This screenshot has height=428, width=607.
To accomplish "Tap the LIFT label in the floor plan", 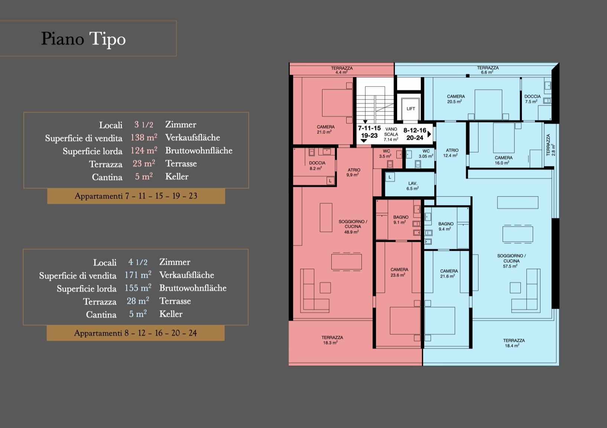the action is click(411, 109).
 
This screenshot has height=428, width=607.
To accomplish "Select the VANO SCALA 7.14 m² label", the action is click(391, 134).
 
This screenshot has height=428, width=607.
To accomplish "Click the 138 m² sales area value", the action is click(144, 137).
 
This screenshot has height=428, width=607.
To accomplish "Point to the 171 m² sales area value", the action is click(138, 275).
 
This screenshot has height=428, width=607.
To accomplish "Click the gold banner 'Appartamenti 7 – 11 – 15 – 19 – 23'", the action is click(136, 196).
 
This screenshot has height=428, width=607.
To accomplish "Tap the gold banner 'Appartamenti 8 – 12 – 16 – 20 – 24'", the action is click(136, 333).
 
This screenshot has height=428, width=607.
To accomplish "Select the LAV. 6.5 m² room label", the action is click(413, 186).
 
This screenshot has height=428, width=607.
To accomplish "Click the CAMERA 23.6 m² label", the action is click(399, 272).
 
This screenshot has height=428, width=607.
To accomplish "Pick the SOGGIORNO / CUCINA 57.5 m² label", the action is click(511, 261).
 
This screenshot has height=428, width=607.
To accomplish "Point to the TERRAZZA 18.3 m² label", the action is click(332, 340).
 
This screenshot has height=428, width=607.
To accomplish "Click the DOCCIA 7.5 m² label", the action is click(532, 99).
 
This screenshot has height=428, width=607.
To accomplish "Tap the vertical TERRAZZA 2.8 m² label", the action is click(551, 145).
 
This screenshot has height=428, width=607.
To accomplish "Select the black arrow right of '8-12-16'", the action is click(429, 134).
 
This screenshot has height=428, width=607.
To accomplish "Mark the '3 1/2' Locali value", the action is click(144, 125).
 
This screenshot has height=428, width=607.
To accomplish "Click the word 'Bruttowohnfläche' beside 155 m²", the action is click(193, 288).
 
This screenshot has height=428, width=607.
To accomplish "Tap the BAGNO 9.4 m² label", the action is click(446, 226).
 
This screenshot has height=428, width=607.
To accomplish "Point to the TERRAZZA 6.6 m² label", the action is click(488, 70).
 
